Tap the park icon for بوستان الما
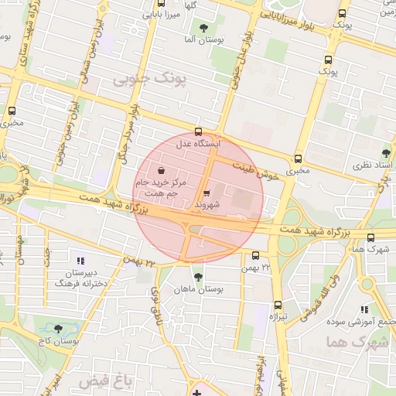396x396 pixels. pyautogui.click(x=203, y=29)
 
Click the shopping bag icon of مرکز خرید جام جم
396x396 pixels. pyautogui.click(x=160, y=169)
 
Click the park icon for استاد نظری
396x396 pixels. pyautogui.click(x=386, y=153)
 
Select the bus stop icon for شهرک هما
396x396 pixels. pyautogui.click(x=371, y=237)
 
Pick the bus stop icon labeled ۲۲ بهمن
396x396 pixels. pyautogui.click(x=255, y=255)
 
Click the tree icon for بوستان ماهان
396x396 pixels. pyautogui.click(x=198, y=276)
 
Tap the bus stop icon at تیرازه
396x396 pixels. pyautogui.click(x=278, y=305)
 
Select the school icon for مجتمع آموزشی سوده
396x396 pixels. pyautogui.click(x=364, y=309)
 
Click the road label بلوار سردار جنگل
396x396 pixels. pyautogui.click(x=126, y=131)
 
